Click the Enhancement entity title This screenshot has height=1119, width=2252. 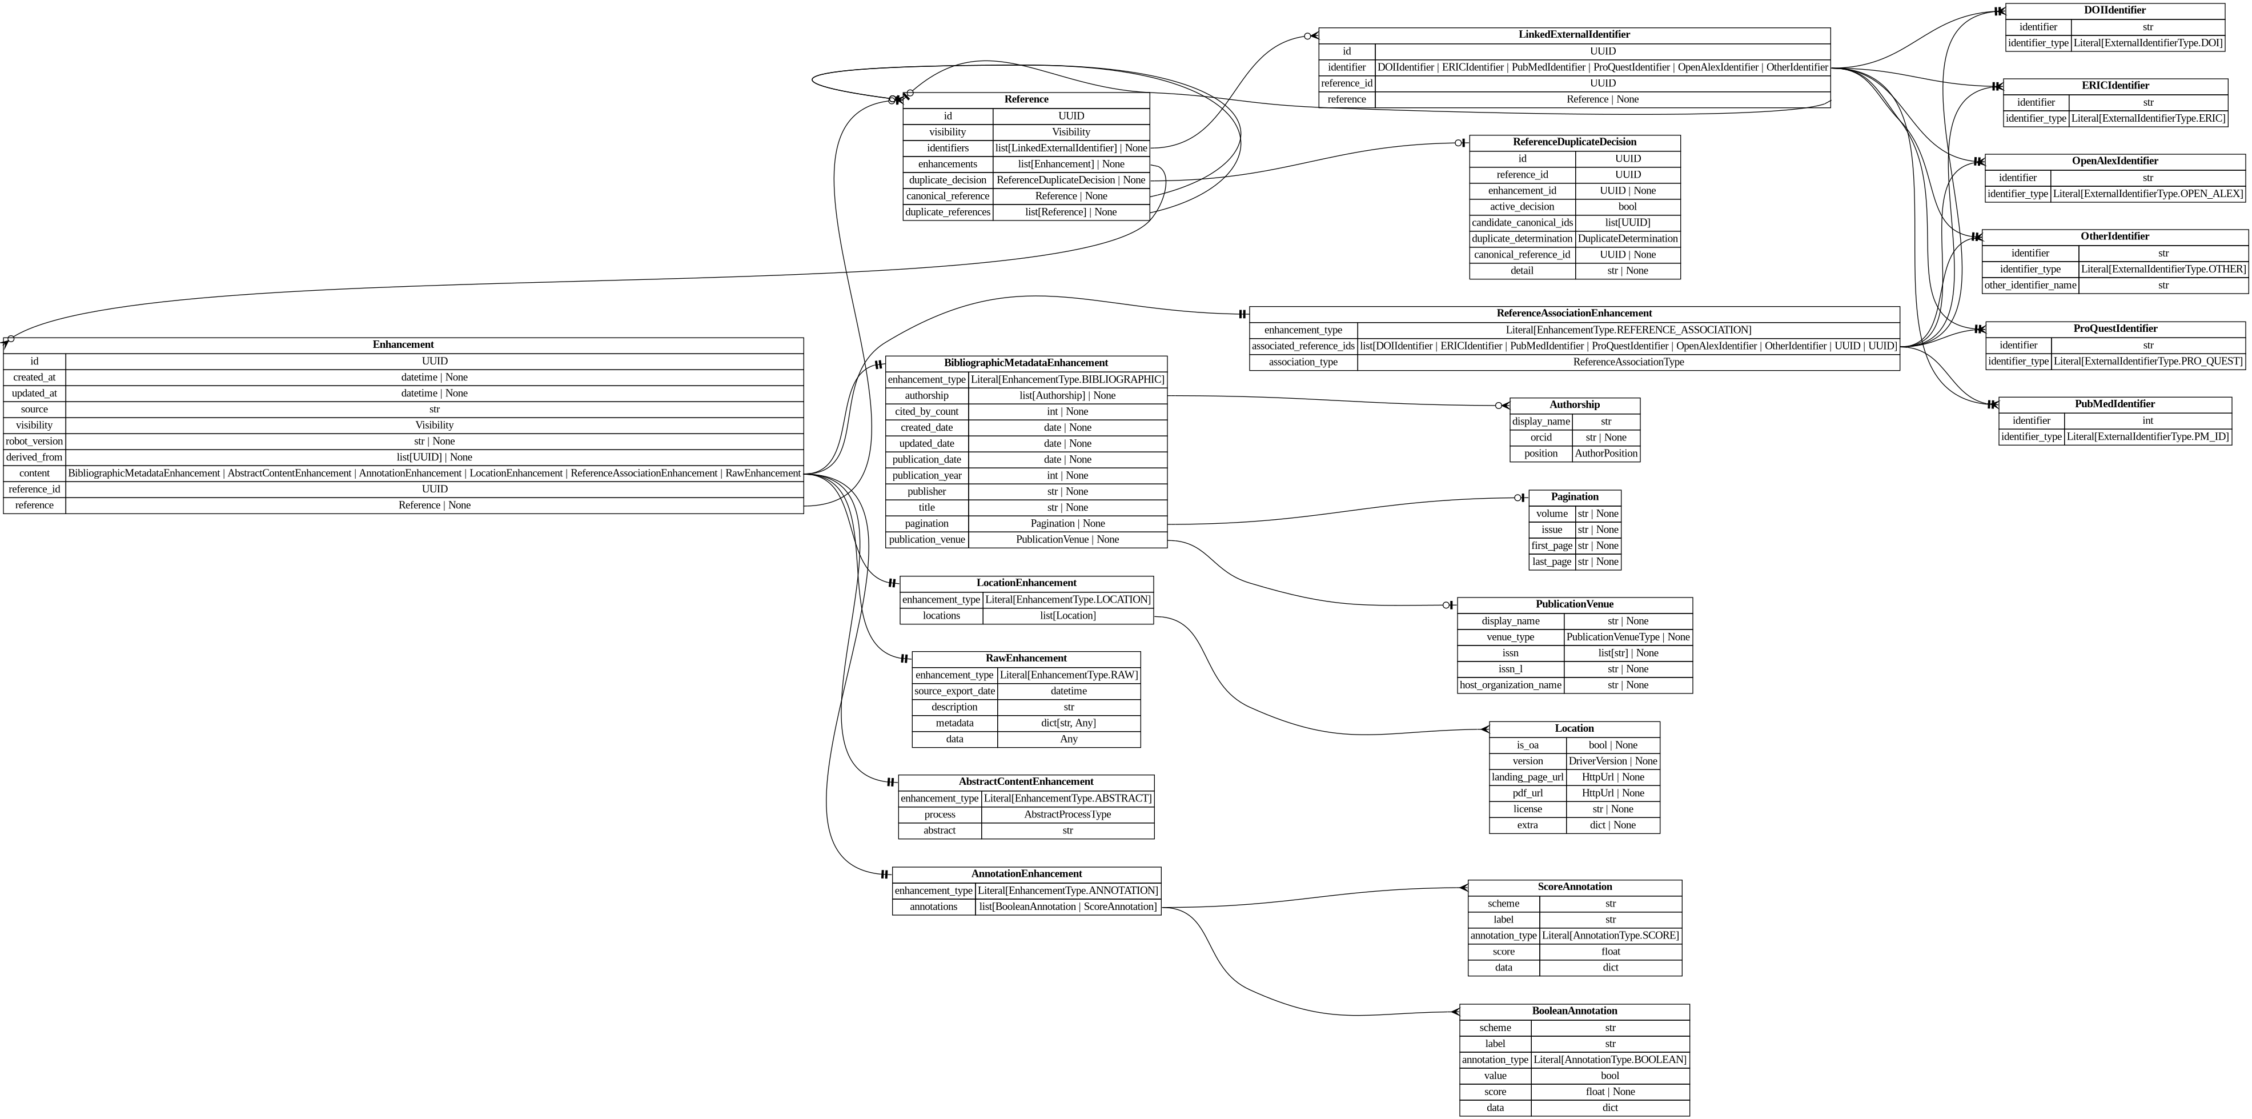click(403, 344)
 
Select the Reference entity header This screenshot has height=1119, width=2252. click(1026, 99)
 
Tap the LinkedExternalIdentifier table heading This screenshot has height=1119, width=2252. click(1573, 35)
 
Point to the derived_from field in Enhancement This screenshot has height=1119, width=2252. click(34, 457)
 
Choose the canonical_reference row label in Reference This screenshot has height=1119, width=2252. click(948, 196)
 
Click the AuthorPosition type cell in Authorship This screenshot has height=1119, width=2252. click(1606, 454)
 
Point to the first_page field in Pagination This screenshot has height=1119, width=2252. click(1552, 546)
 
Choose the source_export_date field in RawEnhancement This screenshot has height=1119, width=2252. click(954, 691)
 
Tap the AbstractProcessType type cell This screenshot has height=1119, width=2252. click(1067, 815)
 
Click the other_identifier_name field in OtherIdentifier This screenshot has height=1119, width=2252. click(2030, 285)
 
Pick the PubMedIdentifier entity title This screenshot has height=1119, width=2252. click(2115, 404)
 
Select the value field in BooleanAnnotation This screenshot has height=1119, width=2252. click(1495, 1075)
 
